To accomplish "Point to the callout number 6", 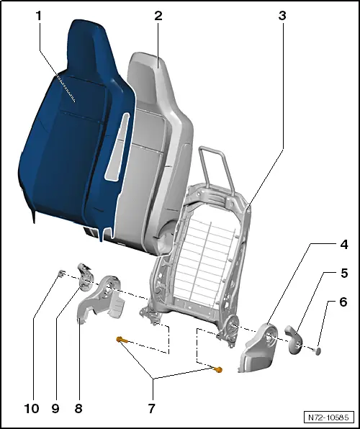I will point(343,303).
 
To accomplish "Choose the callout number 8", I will point(78,408).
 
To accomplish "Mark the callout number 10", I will point(31,408).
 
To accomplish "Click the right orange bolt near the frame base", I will point(219,370).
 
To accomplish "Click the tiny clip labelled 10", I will point(62,273).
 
